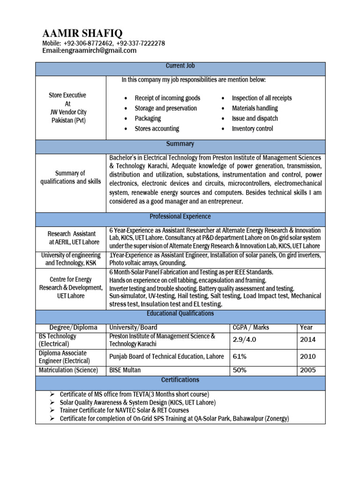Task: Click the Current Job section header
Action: pos(180,67)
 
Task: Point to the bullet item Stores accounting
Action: pos(157,128)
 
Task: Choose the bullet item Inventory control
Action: pos(252,128)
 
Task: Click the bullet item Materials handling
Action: pos(255,108)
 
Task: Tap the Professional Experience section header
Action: pos(180,217)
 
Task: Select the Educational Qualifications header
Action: pos(180,314)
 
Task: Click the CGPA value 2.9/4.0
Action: pos(244,340)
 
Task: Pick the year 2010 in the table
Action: pos(307,357)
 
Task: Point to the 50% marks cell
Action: pos(240,370)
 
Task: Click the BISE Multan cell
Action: pos(125,370)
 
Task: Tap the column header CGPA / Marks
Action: pos(251,327)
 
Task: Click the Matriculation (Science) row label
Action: pos(68,370)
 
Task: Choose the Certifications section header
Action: pos(180,380)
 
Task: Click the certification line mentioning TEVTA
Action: pos(134,394)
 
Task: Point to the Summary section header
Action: pos(180,144)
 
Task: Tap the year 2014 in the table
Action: pos(307,340)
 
